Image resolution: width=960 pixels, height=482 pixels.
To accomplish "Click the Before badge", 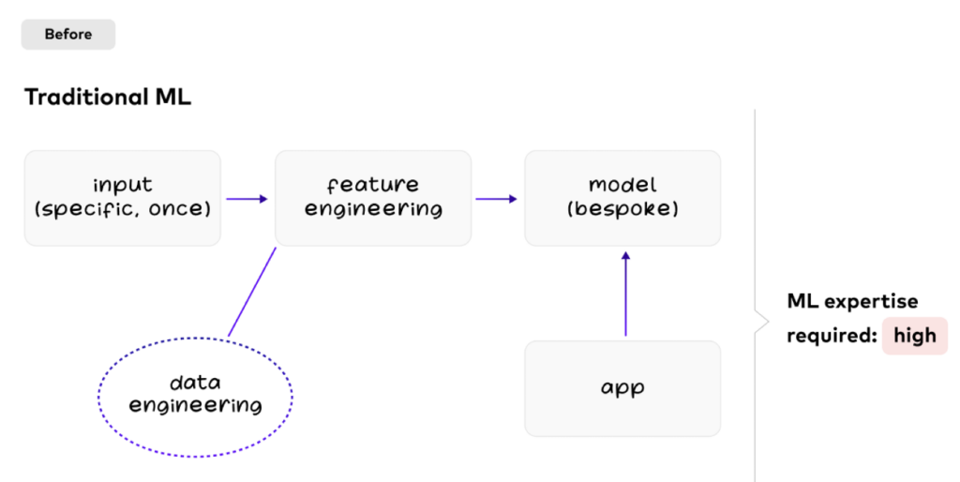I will (x=68, y=35).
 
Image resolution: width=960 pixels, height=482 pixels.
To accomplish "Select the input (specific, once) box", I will (x=123, y=198).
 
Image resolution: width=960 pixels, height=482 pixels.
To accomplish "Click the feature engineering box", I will (x=373, y=198).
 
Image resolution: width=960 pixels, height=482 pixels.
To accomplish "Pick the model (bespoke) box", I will (x=622, y=198).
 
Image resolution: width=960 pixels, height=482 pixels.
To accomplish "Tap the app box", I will (x=622, y=388).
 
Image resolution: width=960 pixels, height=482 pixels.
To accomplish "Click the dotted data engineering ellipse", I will (x=196, y=394).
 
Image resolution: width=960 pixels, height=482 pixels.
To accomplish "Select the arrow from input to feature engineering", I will (x=247, y=199).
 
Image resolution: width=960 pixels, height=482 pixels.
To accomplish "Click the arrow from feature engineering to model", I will (x=497, y=199).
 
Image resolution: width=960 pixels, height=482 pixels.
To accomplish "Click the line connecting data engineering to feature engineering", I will (x=252, y=291).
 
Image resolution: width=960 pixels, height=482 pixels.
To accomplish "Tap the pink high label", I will (x=914, y=336).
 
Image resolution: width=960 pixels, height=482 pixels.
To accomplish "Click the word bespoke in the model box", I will (x=622, y=209).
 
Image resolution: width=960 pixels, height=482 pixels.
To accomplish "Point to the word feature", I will (x=373, y=185).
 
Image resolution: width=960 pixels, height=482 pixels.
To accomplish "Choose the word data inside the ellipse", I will (x=195, y=383).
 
